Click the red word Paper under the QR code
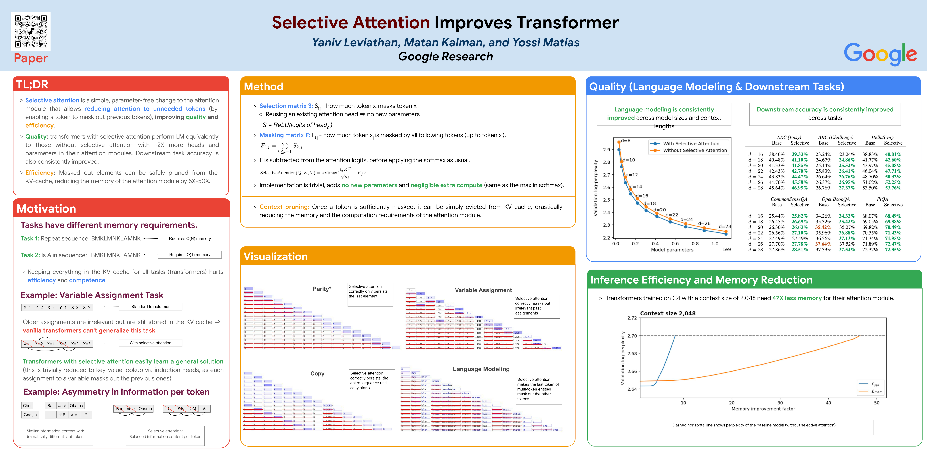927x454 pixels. tap(31, 58)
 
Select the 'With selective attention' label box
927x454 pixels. tap(150, 343)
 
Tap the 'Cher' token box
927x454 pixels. tap(27, 405)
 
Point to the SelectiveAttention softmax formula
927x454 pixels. tap(313, 173)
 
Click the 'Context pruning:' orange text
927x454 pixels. tap(284, 207)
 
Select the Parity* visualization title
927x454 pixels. tap(322, 289)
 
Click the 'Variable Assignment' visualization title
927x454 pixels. tap(483, 290)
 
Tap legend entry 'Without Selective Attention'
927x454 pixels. tap(695, 151)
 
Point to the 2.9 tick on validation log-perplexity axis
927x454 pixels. tap(606, 149)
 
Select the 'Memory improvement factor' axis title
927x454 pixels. tap(763, 409)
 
